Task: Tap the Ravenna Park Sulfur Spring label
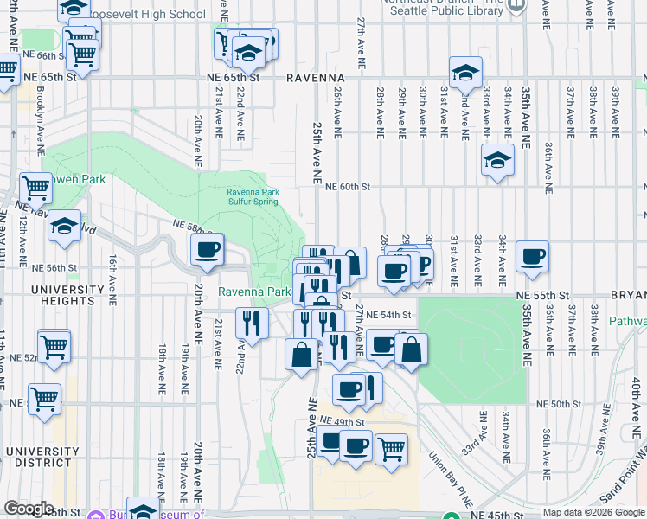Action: pyautogui.click(x=252, y=197)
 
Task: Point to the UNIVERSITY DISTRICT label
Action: pyautogui.click(x=41, y=451)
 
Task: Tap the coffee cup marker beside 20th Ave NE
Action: pyautogui.click(x=207, y=251)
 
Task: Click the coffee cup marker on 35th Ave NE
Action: pyautogui.click(x=533, y=256)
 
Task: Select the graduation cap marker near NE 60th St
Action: pyautogui.click(x=498, y=160)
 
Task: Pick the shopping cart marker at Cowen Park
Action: pyautogui.click(x=36, y=186)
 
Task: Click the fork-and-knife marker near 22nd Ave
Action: pyautogui.click(x=251, y=324)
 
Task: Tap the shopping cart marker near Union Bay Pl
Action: pyautogui.click(x=391, y=448)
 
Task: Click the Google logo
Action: pyautogui.click(x=29, y=509)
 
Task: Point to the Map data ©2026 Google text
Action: pyautogui.click(x=593, y=513)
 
